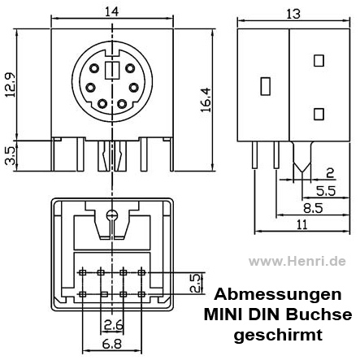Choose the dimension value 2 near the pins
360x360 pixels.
coord(329,172)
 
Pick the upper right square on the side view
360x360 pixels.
coord(319,59)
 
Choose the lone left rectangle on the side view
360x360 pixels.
coord(264,85)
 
